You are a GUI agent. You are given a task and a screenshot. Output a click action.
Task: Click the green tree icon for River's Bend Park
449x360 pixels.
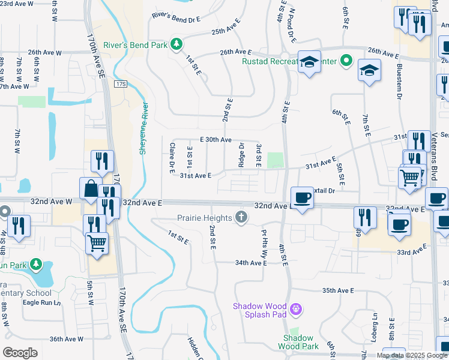pos(176,43)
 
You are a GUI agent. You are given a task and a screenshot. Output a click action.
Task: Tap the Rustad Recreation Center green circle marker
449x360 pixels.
pos(346,61)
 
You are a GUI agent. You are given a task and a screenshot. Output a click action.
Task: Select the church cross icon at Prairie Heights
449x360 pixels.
pos(241,217)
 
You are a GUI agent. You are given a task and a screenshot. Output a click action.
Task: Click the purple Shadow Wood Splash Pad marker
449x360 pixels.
pos(295,310)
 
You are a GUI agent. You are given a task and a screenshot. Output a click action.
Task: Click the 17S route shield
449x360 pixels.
pos(122,84)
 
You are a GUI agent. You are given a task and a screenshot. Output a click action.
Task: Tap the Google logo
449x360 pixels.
pos(21,352)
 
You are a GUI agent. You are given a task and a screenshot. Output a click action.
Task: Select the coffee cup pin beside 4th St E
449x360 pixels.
pos(301,197)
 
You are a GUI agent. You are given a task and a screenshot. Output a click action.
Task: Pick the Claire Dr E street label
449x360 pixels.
pos(172,154)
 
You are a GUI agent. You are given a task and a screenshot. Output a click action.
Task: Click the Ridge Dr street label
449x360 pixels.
pos(241,154)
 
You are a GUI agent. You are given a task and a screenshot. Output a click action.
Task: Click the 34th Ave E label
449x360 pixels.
pos(250,263)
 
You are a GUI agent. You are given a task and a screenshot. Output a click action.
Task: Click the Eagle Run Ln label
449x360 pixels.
pos(42,302)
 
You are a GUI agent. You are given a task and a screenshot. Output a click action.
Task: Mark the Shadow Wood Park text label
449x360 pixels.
pos(298,342)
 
